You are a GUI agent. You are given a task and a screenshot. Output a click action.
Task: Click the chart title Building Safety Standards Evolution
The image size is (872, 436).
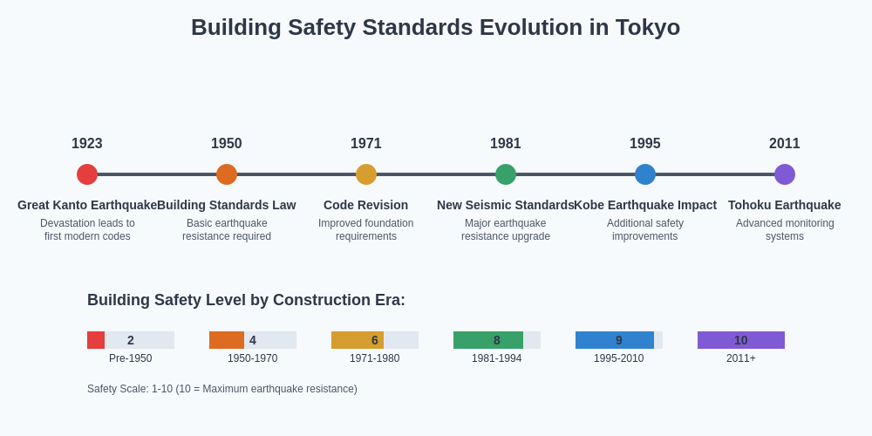[x=435, y=27]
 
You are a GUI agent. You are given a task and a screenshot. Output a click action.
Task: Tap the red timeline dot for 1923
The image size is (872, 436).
[x=87, y=174]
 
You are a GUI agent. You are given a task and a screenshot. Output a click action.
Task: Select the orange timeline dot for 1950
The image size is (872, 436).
[x=227, y=174]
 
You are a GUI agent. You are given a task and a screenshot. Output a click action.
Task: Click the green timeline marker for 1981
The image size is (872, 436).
[x=506, y=174]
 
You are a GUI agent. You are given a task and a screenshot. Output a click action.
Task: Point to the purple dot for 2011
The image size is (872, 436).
[x=785, y=174]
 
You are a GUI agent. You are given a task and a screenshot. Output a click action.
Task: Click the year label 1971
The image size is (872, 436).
[x=366, y=144]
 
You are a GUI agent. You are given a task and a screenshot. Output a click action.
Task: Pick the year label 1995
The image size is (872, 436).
[x=645, y=144]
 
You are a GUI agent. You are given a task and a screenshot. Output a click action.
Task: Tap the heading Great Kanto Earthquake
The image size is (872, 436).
[x=87, y=205]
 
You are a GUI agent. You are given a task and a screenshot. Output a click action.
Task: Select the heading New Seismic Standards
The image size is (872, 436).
[x=506, y=205]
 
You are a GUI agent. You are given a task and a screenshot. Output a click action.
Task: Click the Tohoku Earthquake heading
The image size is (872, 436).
[x=785, y=205]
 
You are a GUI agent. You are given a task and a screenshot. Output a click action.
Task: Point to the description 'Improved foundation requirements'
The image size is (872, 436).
[x=366, y=229]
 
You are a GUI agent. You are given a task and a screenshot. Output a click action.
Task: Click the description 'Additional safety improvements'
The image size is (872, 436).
[x=645, y=229]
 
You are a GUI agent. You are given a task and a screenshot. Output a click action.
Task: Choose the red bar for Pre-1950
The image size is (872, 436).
[x=96, y=340]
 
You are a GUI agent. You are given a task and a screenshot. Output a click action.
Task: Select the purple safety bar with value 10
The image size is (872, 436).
[x=741, y=340]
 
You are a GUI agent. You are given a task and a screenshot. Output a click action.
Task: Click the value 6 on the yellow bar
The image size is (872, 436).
[x=375, y=340]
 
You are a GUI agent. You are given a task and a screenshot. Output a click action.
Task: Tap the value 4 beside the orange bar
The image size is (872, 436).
[x=253, y=340]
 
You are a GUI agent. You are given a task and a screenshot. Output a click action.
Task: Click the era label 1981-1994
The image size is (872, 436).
[x=497, y=358]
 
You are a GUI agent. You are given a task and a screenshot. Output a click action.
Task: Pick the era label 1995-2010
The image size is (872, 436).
[x=619, y=358]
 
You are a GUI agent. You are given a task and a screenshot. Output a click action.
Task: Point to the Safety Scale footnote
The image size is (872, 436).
[x=222, y=389]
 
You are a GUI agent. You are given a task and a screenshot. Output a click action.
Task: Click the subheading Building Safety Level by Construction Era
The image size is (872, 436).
[x=246, y=300]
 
